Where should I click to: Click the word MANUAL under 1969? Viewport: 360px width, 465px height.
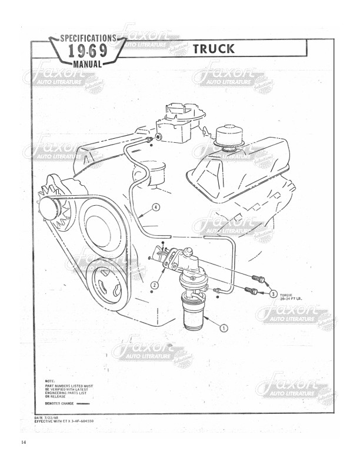(x=89, y=62)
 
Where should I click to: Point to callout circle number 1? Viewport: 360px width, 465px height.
(x=224, y=328)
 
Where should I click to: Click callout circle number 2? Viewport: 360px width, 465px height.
(x=154, y=285)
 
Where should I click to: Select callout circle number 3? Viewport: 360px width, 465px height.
(x=274, y=292)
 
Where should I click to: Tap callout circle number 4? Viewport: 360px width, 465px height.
(x=155, y=207)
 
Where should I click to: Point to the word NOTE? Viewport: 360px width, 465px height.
(x=51, y=380)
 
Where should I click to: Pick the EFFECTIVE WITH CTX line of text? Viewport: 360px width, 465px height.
(x=65, y=421)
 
